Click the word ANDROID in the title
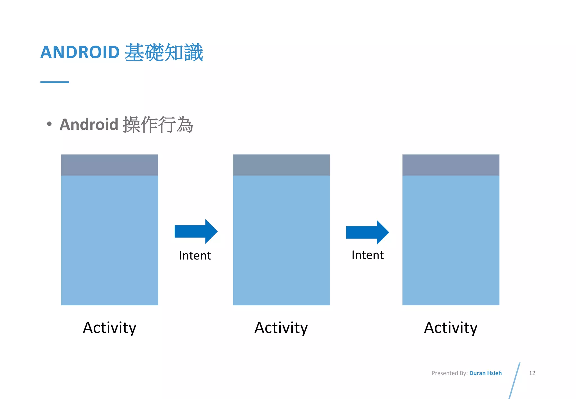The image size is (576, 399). pos(80,52)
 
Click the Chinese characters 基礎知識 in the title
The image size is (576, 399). pos(164,52)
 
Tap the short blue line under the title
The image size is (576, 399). pos(55,82)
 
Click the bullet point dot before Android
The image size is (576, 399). pos(49,124)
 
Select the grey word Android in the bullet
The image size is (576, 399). pos(89,124)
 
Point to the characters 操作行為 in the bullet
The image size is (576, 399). pos(158,124)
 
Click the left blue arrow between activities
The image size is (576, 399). pos(196,231)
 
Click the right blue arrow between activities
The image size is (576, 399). pos(367,232)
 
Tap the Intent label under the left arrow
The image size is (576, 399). pos(195,255)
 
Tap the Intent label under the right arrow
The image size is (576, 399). pos(368,255)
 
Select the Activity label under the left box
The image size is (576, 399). pos(110,328)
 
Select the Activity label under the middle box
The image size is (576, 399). pos(281,328)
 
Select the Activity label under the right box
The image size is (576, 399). pos(451,328)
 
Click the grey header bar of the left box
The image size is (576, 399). pos(110,165)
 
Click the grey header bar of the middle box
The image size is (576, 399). pos(281,165)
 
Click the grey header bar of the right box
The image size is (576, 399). pos(451,165)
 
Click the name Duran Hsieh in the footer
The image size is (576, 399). pos(485,373)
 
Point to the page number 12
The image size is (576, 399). pos(532,373)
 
